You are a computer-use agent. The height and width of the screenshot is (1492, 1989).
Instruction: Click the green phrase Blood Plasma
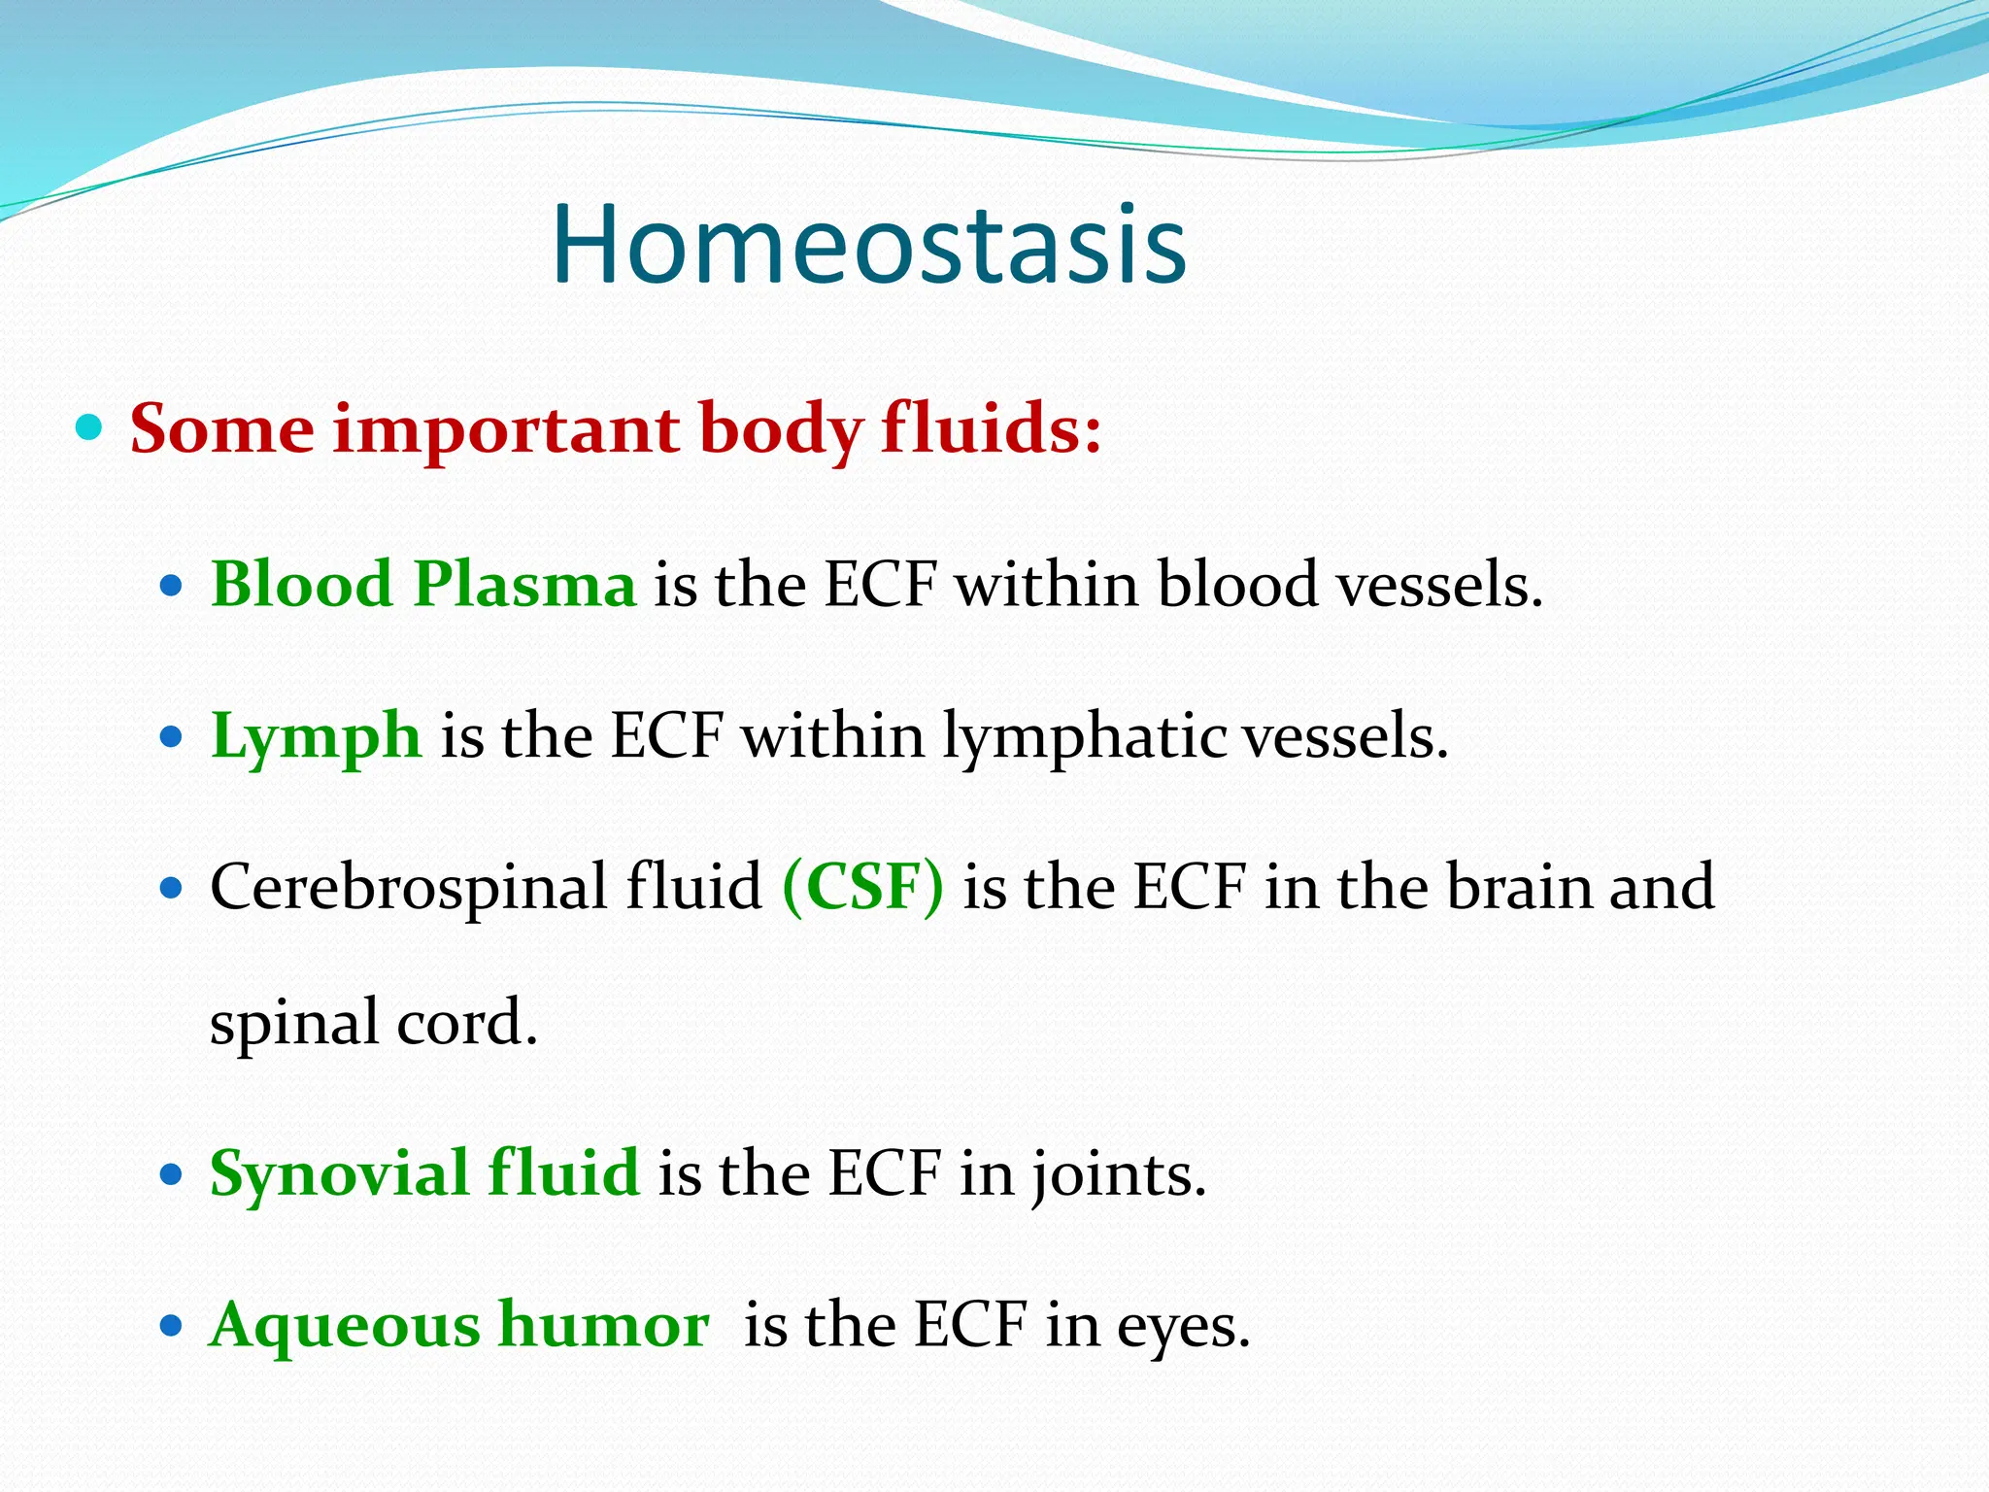point(423,585)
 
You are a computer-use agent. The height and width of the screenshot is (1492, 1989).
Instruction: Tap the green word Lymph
point(316,736)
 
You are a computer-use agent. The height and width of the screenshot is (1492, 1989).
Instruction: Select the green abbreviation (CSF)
point(862,887)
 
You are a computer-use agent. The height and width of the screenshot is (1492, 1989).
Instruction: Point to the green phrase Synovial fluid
point(424,1173)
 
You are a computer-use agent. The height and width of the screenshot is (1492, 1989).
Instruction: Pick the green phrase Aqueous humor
point(459,1325)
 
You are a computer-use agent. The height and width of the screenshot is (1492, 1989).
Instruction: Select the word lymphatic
point(1085,738)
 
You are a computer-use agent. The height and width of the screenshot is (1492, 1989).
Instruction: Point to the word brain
point(1518,887)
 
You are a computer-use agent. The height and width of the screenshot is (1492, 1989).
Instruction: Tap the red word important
point(506,429)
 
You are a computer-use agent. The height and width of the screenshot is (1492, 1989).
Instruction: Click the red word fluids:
point(992,429)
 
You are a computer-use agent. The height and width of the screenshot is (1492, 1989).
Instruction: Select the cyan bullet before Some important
point(88,426)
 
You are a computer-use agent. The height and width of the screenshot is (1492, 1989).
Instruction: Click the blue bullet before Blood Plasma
point(171,587)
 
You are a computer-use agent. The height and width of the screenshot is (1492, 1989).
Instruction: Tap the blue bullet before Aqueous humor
point(171,1326)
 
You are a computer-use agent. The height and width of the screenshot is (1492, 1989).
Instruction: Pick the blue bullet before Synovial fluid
point(171,1174)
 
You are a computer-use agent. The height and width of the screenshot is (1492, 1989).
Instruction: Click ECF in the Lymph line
point(667,736)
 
